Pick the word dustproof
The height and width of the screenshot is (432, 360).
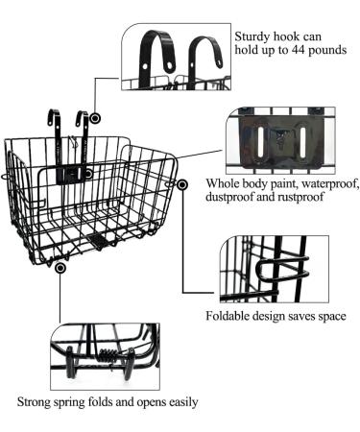point(228,197)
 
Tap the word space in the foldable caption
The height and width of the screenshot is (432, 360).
point(329,317)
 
